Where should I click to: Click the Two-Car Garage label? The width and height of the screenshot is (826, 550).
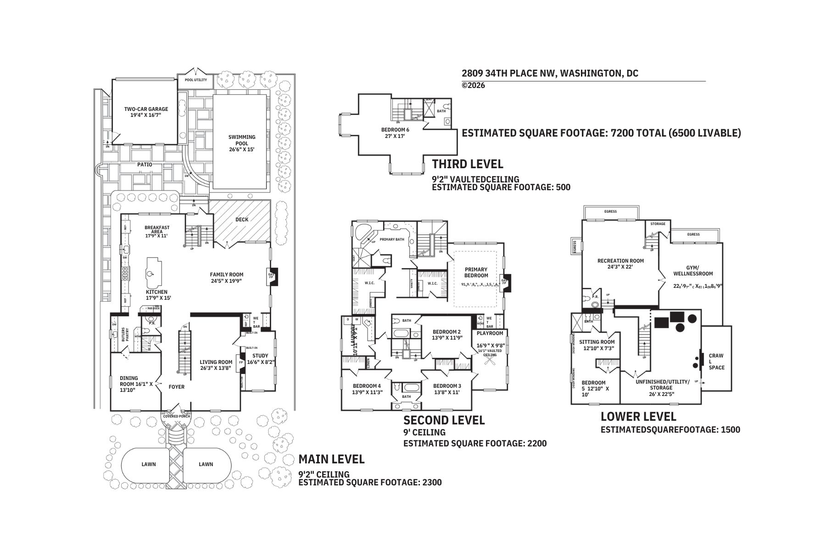click(x=146, y=110)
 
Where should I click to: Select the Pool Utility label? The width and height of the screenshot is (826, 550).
click(x=195, y=80)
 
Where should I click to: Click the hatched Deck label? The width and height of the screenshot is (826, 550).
click(x=242, y=219)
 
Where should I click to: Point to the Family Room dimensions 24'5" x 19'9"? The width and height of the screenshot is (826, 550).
click(x=227, y=281)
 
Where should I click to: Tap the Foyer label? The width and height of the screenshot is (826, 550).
click(x=177, y=387)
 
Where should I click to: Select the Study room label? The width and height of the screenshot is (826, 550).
click(x=260, y=356)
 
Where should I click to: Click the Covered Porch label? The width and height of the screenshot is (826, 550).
click(x=177, y=416)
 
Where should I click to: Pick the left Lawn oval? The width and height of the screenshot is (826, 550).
click(x=148, y=464)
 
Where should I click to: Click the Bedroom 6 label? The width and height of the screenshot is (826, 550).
click(x=395, y=130)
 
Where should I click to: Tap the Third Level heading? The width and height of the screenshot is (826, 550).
click(x=468, y=164)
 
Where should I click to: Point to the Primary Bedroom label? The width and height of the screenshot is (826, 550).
click(x=476, y=272)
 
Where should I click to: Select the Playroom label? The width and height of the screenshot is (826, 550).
click(x=490, y=333)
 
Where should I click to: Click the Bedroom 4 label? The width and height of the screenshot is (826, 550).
click(x=366, y=386)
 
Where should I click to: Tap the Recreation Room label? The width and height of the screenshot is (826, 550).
click(x=620, y=261)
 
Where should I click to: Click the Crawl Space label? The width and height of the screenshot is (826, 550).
click(x=716, y=361)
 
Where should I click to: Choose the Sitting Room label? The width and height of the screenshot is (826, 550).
click(x=597, y=342)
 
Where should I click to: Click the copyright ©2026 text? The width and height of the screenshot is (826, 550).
click(x=473, y=85)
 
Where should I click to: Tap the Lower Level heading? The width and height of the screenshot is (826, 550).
click(x=638, y=417)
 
